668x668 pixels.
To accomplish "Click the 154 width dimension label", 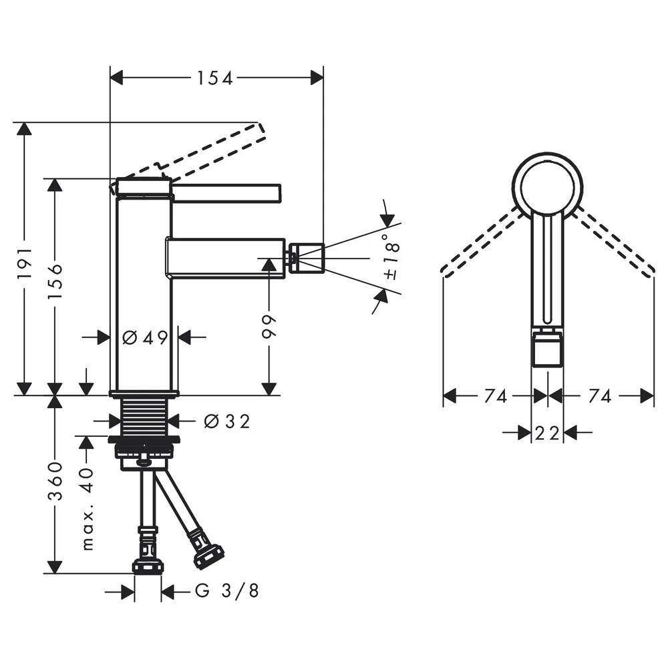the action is (x=214, y=78).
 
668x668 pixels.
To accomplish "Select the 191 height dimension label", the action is (x=25, y=263).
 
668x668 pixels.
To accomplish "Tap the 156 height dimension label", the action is (x=55, y=282).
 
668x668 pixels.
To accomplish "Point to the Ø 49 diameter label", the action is (x=145, y=338).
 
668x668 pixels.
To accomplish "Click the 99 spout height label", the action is (x=269, y=327).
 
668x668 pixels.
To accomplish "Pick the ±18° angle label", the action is (x=391, y=257).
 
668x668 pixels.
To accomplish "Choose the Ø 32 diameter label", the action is (x=226, y=422).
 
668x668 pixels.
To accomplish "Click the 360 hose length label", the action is (x=55, y=481).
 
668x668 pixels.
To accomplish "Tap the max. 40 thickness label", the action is (x=87, y=509).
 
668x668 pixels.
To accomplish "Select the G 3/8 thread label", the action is (x=227, y=591).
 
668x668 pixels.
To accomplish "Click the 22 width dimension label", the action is (x=547, y=434).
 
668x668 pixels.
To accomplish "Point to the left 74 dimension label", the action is (x=496, y=396).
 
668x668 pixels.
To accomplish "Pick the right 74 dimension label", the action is (x=600, y=396).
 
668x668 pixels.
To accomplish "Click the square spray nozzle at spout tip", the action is (x=307, y=258).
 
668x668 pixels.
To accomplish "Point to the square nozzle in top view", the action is (x=548, y=350).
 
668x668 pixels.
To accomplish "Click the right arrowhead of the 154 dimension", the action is (x=317, y=78).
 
